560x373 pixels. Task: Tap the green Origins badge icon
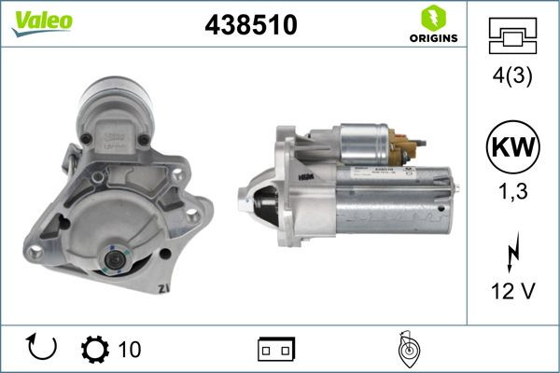point(432,18)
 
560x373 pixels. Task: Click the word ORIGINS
point(432,39)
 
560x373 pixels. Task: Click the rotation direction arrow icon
point(43,348)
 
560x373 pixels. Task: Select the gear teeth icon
point(95,349)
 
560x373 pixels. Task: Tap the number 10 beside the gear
point(130,349)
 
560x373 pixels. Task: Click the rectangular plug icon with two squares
point(276,349)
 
